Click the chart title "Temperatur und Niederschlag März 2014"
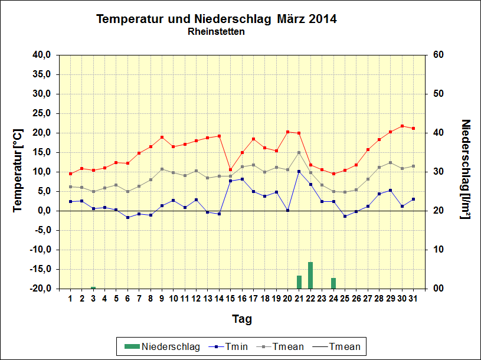coord(216,19)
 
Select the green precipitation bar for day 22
coord(310,275)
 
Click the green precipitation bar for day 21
coord(299,282)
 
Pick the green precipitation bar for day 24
coord(333,283)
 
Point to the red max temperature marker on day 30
coord(402,126)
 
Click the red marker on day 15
coord(230,169)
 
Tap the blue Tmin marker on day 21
coord(299,171)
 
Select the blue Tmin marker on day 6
coord(127,217)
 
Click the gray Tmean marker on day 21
coord(299,152)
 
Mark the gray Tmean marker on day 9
coord(162,169)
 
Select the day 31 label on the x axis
coord(413,299)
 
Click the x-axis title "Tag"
coord(241,319)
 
